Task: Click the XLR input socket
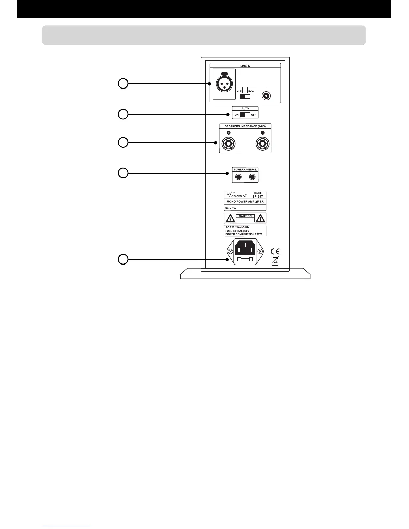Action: tap(224, 82)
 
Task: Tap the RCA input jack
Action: tap(266, 96)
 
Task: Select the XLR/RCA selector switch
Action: tap(245, 97)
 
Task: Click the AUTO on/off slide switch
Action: tap(245, 115)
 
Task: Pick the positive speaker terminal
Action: tap(228, 144)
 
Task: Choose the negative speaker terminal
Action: tap(263, 144)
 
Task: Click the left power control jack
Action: tap(238, 177)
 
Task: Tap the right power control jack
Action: tap(253, 177)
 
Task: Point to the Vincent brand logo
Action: tap(237, 195)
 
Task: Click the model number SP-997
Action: tap(257, 197)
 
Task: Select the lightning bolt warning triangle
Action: tap(230, 219)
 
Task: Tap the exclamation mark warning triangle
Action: tap(260, 219)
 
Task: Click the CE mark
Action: tap(275, 252)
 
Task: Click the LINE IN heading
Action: tap(245, 66)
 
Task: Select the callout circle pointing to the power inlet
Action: tap(123, 259)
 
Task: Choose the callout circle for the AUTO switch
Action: tap(123, 114)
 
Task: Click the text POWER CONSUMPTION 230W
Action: tap(243, 234)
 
